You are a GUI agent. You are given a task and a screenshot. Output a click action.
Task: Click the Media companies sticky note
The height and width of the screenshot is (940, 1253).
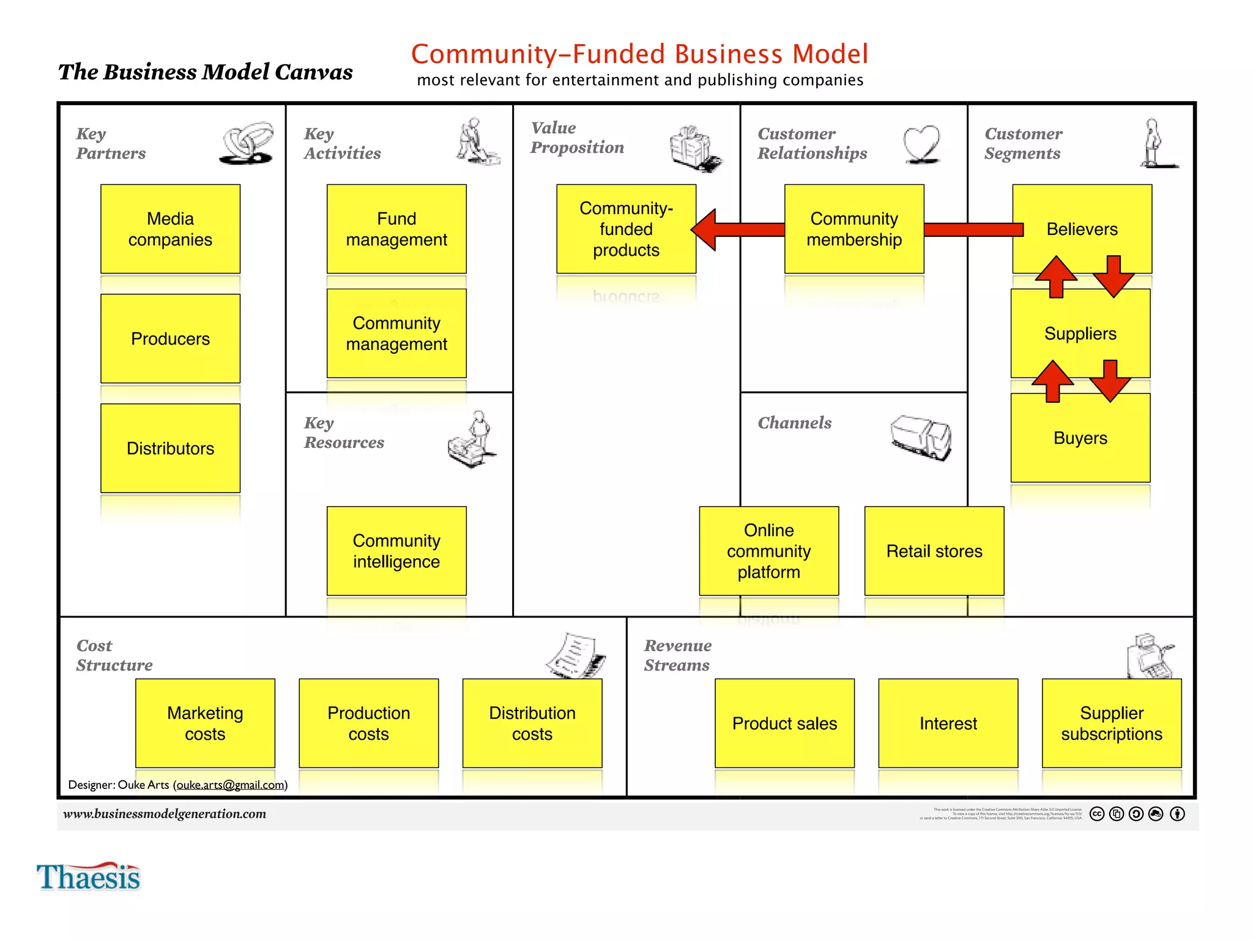pyautogui.click(x=170, y=229)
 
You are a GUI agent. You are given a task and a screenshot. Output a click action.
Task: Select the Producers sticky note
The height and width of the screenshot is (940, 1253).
pyautogui.click(x=170, y=338)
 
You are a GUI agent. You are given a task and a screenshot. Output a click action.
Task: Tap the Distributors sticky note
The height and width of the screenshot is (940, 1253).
pyautogui.click(x=170, y=448)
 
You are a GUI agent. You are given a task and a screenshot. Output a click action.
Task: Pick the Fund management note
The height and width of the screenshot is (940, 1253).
pyautogui.click(x=396, y=229)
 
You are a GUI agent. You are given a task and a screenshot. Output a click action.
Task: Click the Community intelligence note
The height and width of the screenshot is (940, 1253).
pyautogui.click(x=396, y=551)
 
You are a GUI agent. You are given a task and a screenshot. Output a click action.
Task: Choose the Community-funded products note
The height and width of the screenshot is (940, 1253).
pyautogui.click(x=626, y=229)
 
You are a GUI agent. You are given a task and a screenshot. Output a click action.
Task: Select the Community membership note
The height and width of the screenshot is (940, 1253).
pyautogui.click(x=854, y=229)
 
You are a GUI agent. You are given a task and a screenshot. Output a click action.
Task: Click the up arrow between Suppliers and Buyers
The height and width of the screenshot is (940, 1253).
pyautogui.click(x=1052, y=381)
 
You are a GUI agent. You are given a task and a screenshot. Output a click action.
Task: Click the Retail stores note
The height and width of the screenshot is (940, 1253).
pyautogui.click(x=934, y=551)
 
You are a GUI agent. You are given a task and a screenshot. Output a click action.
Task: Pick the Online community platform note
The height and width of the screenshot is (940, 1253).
pyautogui.click(x=768, y=551)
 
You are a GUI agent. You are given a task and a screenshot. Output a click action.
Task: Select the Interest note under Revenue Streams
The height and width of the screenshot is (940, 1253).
pyautogui.click(x=948, y=723)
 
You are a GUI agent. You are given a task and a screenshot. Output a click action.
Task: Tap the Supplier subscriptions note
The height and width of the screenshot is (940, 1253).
pyautogui.click(x=1112, y=723)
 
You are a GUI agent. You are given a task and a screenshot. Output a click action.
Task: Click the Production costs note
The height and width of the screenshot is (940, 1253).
pyautogui.click(x=368, y=723)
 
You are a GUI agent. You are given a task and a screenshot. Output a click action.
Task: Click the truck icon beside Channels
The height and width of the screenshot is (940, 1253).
pyautogui.click(x=921, y=436)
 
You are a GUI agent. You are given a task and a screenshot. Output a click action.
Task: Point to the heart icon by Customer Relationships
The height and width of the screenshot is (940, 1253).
pyautogui.click(x=921, y=144)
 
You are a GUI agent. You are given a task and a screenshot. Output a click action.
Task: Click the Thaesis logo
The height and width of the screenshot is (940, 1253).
pyautogui.click(x=89, y=876)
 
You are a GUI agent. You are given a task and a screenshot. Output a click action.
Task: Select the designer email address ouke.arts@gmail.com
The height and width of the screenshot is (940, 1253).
pyautogui.click(x=231, y=785)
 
